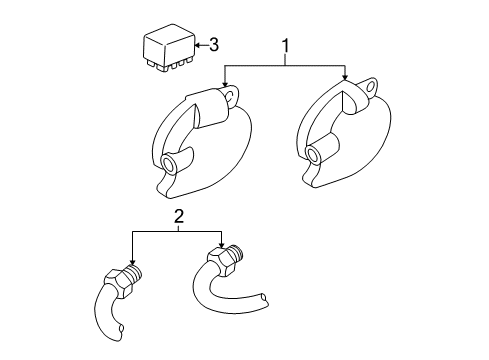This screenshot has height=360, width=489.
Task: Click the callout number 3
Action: point(212,44)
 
